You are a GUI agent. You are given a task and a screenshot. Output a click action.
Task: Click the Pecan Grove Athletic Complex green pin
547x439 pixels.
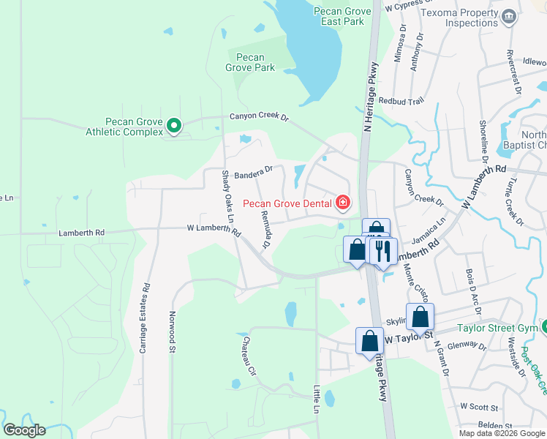tap(174, 127)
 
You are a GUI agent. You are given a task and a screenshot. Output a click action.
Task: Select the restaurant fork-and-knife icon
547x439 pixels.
tap(382, 251)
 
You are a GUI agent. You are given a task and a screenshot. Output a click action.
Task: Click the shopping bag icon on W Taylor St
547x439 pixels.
tap(370, 340)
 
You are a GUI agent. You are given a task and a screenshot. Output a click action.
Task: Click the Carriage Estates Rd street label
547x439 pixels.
tap(144, 318)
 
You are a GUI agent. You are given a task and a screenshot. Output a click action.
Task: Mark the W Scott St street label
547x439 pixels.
tap(479, 406)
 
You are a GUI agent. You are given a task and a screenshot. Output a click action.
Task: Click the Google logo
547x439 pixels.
tap(24, 430)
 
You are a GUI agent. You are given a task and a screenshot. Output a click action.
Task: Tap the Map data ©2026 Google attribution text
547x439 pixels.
tap(501, 433)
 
